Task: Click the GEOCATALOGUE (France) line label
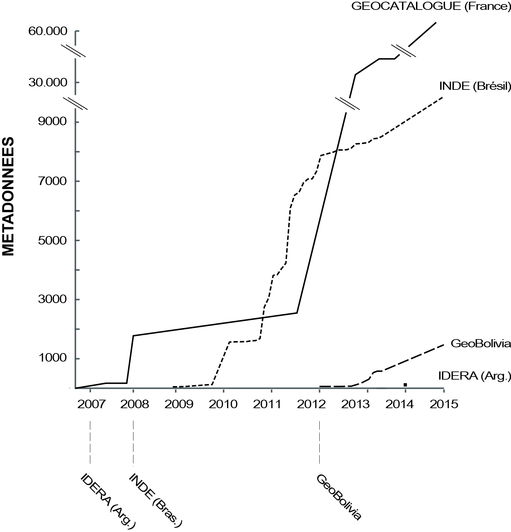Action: [x=431, y=7]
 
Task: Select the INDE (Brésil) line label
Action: [x=475, y=86]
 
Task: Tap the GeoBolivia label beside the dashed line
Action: [x=481, y=344]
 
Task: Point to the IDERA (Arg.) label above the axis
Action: [x=475, y=376]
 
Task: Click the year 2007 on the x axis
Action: [x=90, y=404]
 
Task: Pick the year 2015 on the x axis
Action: [x=444, y=404]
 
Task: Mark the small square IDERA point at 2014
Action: [x=405, y=385]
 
